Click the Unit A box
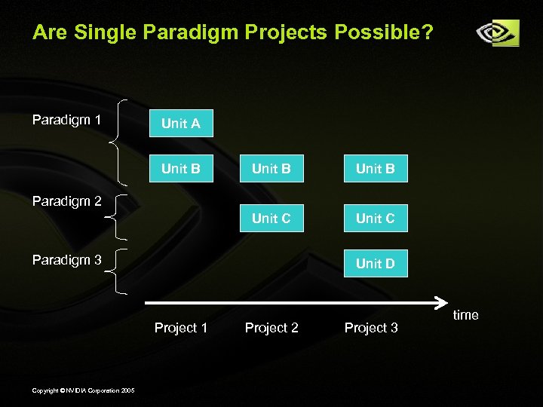(x=181, y=124)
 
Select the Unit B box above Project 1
(x=181, y=169)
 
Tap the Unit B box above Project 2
(x=271, y=169)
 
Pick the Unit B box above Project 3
(x=375, y=169)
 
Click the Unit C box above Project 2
(x=271, y=219)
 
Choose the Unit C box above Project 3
(x=375, y=219)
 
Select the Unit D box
(x=375, y=264)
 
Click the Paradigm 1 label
(x=66, y=119)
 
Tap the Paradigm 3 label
(x=66, y=260)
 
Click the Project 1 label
(x=181, y=328)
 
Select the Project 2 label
(x=271, y=328)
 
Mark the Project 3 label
(x=371, y=328)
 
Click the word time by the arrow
(x=465, y=315)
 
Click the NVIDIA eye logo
(x=497, y=33)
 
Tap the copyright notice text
(x=84, y=390)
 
